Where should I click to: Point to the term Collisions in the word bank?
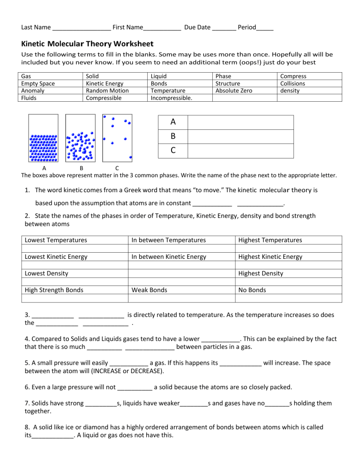[x=292, y=83]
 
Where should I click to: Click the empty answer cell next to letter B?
[x=240, y=136]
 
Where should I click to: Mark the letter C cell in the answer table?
[x=173, y=150]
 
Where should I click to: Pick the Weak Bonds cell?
[x=149, y=290]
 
